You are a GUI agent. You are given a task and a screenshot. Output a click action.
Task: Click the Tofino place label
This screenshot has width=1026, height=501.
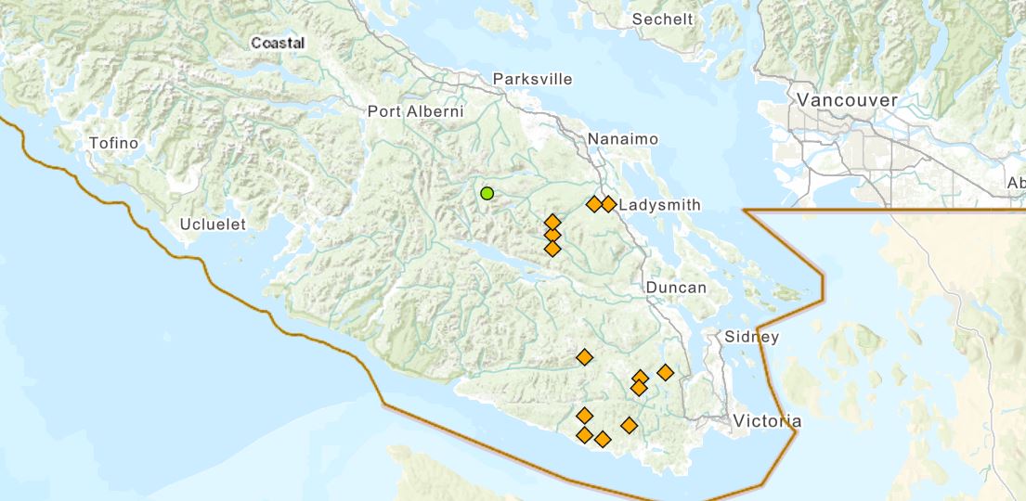[x=113, y=143]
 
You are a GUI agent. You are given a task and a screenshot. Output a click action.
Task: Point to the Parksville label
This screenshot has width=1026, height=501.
[x=533, y=79]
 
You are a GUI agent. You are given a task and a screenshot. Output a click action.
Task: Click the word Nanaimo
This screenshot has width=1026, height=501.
[x=623, y=139]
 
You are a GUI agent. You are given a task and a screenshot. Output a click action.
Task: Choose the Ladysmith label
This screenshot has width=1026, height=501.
[x=659, y=204]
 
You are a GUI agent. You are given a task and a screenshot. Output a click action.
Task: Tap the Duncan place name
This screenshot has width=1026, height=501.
[x=676, y=288]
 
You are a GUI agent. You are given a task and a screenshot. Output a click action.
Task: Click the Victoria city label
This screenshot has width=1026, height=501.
[x=767, y=421]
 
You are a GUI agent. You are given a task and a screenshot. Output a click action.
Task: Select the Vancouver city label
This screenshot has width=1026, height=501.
[x=848, y=100]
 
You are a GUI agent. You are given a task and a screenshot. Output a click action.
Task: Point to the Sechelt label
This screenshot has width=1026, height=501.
[x=662, y=19]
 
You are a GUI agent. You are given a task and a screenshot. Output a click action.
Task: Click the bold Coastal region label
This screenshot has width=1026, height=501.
[x=278, y=43]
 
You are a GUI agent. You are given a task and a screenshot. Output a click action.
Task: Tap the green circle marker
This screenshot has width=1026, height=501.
[x=487, y=193]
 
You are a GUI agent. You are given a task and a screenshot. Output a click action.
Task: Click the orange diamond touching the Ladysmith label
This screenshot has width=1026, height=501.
[x=608, y=204]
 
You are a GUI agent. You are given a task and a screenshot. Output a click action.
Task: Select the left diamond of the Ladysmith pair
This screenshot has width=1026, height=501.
[x=593, y=204]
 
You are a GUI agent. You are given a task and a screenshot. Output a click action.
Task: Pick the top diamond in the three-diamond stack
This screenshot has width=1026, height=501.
[x=552, y=222]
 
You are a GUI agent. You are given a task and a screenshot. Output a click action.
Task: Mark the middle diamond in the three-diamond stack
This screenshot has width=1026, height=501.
[x=552, y=235]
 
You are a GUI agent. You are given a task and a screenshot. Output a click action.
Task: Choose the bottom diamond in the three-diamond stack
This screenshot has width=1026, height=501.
[x=552, y=249]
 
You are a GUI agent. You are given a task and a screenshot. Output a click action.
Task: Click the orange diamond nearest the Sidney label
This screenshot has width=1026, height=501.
[x=665, y=372]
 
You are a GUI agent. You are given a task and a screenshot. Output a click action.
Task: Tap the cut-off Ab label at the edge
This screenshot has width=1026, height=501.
[x=1016, y=184]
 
